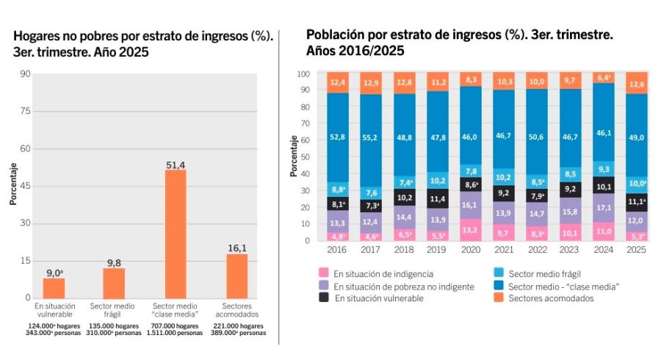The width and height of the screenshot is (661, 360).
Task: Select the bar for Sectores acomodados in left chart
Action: (236, 276)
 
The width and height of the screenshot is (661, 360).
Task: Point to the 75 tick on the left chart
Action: (26, 111)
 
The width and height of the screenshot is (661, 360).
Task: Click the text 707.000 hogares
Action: (175, 325)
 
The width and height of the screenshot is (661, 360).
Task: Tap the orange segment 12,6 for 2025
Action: (635, 83)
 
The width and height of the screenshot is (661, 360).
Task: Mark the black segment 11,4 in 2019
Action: (437, 198)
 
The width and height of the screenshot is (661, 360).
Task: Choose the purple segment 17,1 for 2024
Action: (603, 209)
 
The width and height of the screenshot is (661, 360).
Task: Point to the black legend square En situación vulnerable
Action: (323, 298)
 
